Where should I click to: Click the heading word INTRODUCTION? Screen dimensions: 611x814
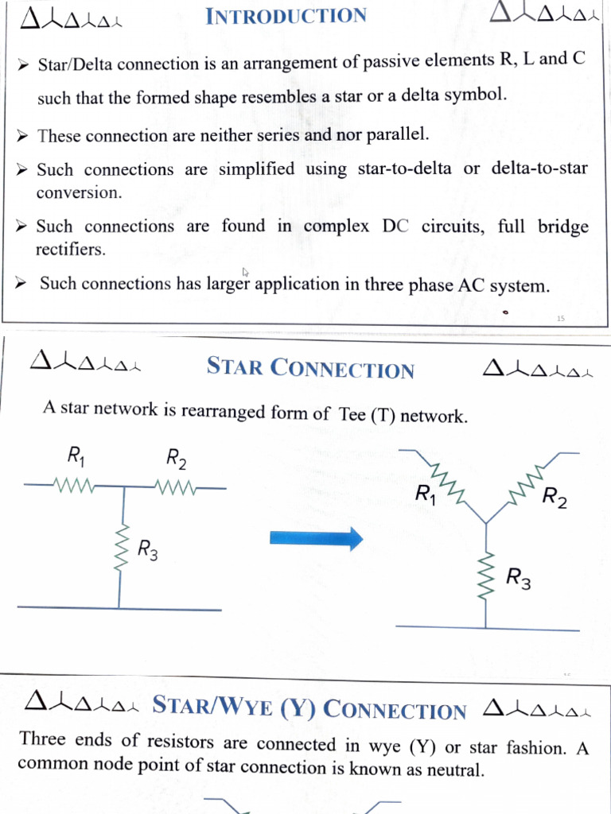click(x=286, y=16)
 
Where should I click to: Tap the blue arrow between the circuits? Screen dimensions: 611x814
click(x=316, y=539)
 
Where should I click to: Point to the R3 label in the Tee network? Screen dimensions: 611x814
click(x=147, y=548)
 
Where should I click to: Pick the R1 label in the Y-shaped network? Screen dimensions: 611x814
click(x=426, y=494)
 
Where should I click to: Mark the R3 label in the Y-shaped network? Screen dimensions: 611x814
click(x=519, y=579)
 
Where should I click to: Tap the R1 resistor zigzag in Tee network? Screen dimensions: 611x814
click(x=74, y=484)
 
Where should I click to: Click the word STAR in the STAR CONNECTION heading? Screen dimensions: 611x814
click(x=235, y=367)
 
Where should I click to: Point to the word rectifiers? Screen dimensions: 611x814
click(x=70, y=250)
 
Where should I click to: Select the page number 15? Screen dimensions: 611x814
click(x=560, y=318)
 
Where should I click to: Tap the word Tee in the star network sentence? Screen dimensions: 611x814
click(x=352, y=413)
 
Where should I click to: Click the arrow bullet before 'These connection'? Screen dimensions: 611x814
click(x=22, y=136)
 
